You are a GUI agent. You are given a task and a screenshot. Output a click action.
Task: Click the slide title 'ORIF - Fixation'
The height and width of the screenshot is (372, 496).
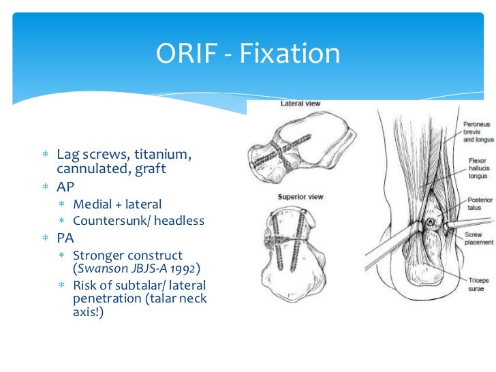(248, 54)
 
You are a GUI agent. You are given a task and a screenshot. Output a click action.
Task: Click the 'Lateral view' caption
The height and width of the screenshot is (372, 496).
(300, 104)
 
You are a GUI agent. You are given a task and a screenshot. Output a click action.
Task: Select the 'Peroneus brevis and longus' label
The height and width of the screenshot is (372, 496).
(478, 132)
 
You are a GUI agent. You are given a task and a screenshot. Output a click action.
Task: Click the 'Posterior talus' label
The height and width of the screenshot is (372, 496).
(478, 206)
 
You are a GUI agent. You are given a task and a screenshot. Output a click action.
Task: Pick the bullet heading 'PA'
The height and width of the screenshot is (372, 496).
(65, 239)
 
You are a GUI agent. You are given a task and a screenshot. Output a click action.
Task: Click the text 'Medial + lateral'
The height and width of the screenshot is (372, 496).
(118, 204)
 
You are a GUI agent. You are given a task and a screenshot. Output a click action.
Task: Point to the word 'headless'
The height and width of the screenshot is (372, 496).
(179, 221)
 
